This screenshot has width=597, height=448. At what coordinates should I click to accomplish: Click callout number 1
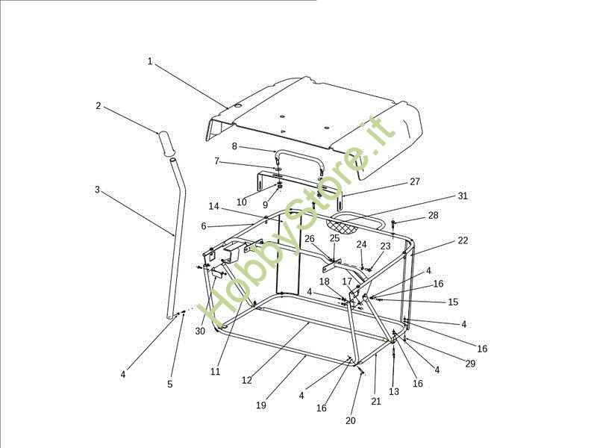tap(149, 61)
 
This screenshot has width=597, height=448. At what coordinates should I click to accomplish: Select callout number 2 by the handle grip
tap(98, 106)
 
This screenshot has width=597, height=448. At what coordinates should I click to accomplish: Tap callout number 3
tap(97, 190)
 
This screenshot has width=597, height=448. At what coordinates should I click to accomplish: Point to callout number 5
tap(169, 384)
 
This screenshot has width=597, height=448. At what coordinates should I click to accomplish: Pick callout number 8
tap(234, 146)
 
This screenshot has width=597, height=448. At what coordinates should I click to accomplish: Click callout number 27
tap(415, 181)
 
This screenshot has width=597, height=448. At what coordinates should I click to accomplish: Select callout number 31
tap(463, 196)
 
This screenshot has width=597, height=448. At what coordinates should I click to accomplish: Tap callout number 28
tap(434, 215)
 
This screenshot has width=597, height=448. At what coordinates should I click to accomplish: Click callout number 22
tap(463, 240)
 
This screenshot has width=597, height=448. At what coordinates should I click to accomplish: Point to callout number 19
tap(260, 405)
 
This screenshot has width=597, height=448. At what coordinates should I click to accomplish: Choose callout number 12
tap(247, 380)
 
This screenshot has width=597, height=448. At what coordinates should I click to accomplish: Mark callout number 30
tap(200, 331)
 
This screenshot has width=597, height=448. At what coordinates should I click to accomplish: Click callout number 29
tap(469, 364)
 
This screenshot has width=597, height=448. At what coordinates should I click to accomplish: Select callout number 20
tap(351, 420)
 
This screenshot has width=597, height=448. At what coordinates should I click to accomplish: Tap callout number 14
tap(213, 207)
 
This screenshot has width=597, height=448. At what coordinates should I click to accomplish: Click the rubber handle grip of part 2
tap(166, 143)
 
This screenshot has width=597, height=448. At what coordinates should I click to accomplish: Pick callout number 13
tap(393, 391)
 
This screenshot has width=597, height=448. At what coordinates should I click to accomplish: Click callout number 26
tap(309, 239)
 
